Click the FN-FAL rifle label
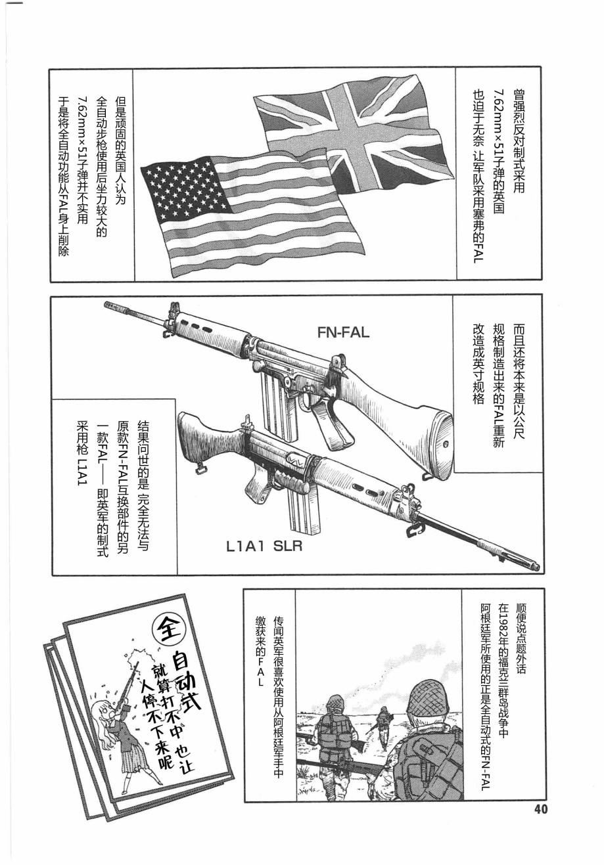(x=343, y=332)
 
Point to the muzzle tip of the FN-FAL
(x=107, y=305)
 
